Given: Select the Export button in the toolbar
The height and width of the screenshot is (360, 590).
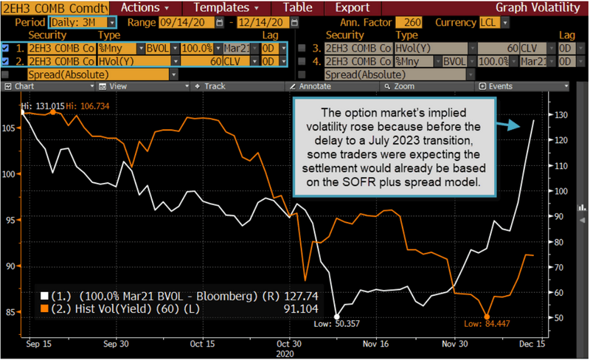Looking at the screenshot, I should [x=352, y=7].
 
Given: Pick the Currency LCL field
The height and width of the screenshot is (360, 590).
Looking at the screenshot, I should [x=489, y=22].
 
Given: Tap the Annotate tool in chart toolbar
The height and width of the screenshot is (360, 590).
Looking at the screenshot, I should [x=314, y=86].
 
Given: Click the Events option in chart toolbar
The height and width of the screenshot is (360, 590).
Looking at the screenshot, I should [x=499, y=86].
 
